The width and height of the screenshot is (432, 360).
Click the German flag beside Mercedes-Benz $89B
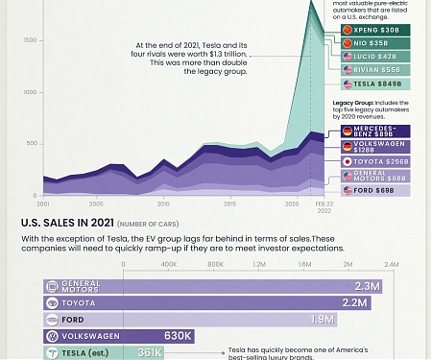[348, 129]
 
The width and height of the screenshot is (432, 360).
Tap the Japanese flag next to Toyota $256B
[348, 161]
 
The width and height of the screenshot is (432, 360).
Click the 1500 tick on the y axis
[30, 39]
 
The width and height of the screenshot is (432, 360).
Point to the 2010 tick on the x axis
[163, 204]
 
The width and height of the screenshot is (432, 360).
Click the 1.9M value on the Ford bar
[322, 320]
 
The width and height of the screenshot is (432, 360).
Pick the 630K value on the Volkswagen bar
[179, 336]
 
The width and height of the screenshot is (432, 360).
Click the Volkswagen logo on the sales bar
[53, 336]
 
